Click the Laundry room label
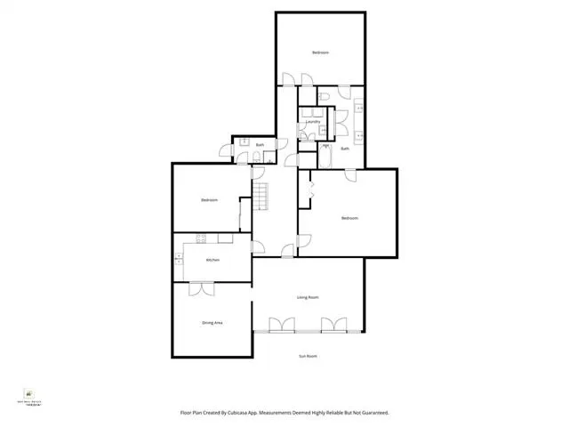313,122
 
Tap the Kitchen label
212,260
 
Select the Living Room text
308,297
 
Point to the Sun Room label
308,356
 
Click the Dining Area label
212,323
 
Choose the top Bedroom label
320,53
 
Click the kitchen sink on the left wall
179,259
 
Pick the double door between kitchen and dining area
202,287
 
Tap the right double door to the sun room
333,325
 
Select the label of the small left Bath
260,145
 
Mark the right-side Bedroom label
349,218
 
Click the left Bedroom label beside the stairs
210,200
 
